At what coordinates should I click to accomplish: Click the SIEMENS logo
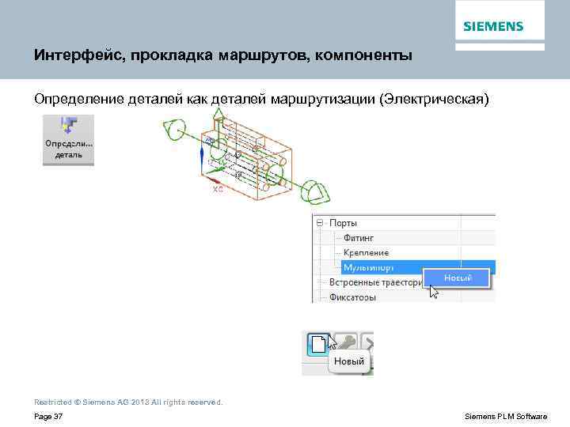(x=493, y=26)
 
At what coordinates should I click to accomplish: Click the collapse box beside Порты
(x=321, y=224)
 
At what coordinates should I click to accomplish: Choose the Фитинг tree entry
(x=359, y=238)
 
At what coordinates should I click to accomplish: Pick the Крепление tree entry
(x=366, y=252)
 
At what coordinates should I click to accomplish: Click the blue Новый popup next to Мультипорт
(x=458, y=278)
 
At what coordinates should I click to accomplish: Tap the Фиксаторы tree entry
(x=352, y=297)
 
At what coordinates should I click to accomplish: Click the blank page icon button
(x=318, y=343)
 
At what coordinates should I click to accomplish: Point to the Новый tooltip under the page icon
(x=348, y=362)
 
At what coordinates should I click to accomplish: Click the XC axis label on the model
(x=218, y=190)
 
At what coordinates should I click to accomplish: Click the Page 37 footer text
(x=49, y=417)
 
